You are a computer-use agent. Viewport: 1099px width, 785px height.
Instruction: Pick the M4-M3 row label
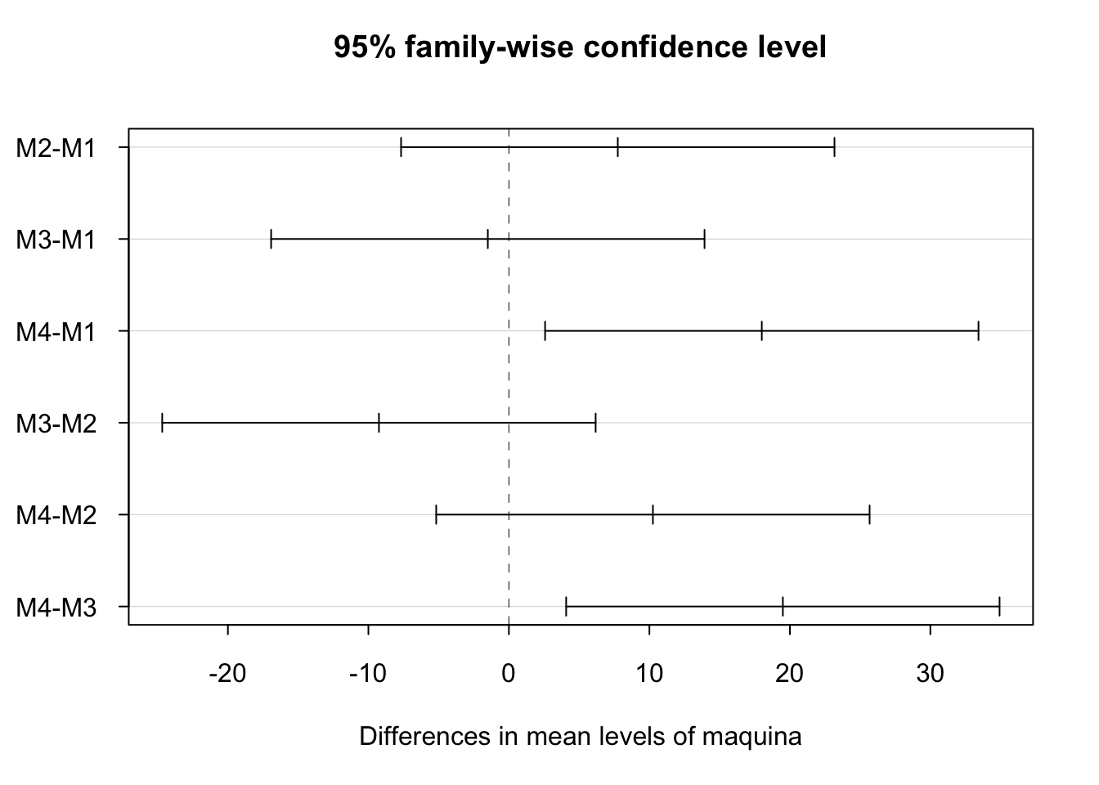point(56,608)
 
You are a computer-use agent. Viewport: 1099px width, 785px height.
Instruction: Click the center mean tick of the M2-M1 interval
point(617,147)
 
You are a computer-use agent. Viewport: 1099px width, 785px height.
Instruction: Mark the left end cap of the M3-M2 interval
point(163,423)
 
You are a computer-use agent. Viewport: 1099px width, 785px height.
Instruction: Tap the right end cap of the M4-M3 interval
point(999,607)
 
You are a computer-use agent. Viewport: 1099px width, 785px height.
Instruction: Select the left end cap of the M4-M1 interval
point(545,331)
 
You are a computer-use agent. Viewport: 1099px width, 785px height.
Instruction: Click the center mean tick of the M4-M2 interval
point(653,514)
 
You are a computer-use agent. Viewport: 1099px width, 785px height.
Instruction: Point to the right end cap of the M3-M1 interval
point(704,239)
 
